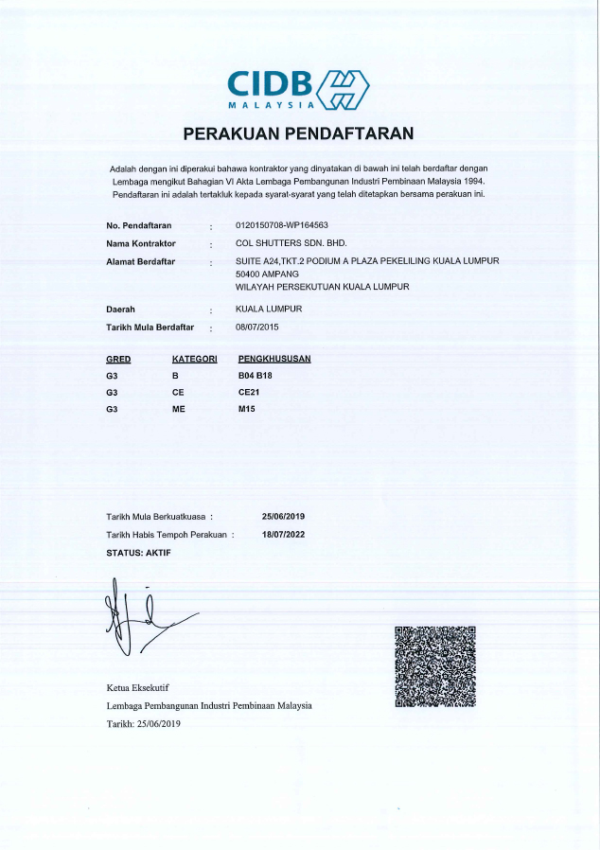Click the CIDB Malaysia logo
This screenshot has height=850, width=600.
point(298,89)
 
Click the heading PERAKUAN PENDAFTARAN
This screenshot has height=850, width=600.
point(298,133)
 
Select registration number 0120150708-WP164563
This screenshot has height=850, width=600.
point(281,225)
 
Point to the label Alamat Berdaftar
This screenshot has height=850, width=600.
point(141,260)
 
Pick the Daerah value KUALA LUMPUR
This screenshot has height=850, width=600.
point(269,310)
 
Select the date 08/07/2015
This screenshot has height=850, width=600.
point(257,327)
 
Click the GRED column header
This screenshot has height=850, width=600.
point(118,359)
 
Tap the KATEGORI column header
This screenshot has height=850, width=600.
point(195,359)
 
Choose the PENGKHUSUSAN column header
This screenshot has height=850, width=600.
point(274,359)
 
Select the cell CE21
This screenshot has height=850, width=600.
point(248,392)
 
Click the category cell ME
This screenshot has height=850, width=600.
point(179,409)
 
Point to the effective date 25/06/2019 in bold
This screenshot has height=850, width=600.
point(283,516)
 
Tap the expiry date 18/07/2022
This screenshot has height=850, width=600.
point(283,535)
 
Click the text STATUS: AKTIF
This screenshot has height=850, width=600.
point(138,552)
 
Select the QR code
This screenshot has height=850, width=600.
point(434,665)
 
